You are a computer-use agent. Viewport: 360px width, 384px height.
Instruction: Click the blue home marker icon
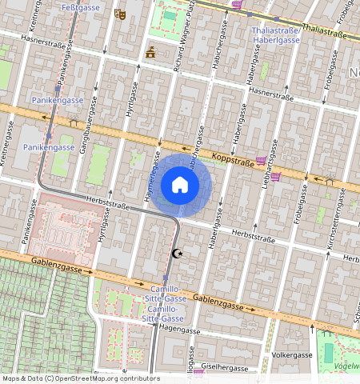point(180,186)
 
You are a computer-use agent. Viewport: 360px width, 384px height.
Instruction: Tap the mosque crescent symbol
point(178,253)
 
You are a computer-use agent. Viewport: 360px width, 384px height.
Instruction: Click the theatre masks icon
point(120,14)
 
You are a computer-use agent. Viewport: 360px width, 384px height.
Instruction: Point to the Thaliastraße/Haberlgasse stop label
point(276,34)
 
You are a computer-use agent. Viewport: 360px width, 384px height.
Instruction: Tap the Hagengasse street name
point(178,328)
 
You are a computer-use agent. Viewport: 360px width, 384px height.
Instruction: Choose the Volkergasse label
point(292,354)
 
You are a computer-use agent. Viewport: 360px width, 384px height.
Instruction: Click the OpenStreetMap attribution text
point(80,378)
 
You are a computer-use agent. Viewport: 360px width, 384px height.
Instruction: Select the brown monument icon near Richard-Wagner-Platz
point(150,53)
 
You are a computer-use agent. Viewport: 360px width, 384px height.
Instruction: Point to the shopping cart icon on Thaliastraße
point(237,4)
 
